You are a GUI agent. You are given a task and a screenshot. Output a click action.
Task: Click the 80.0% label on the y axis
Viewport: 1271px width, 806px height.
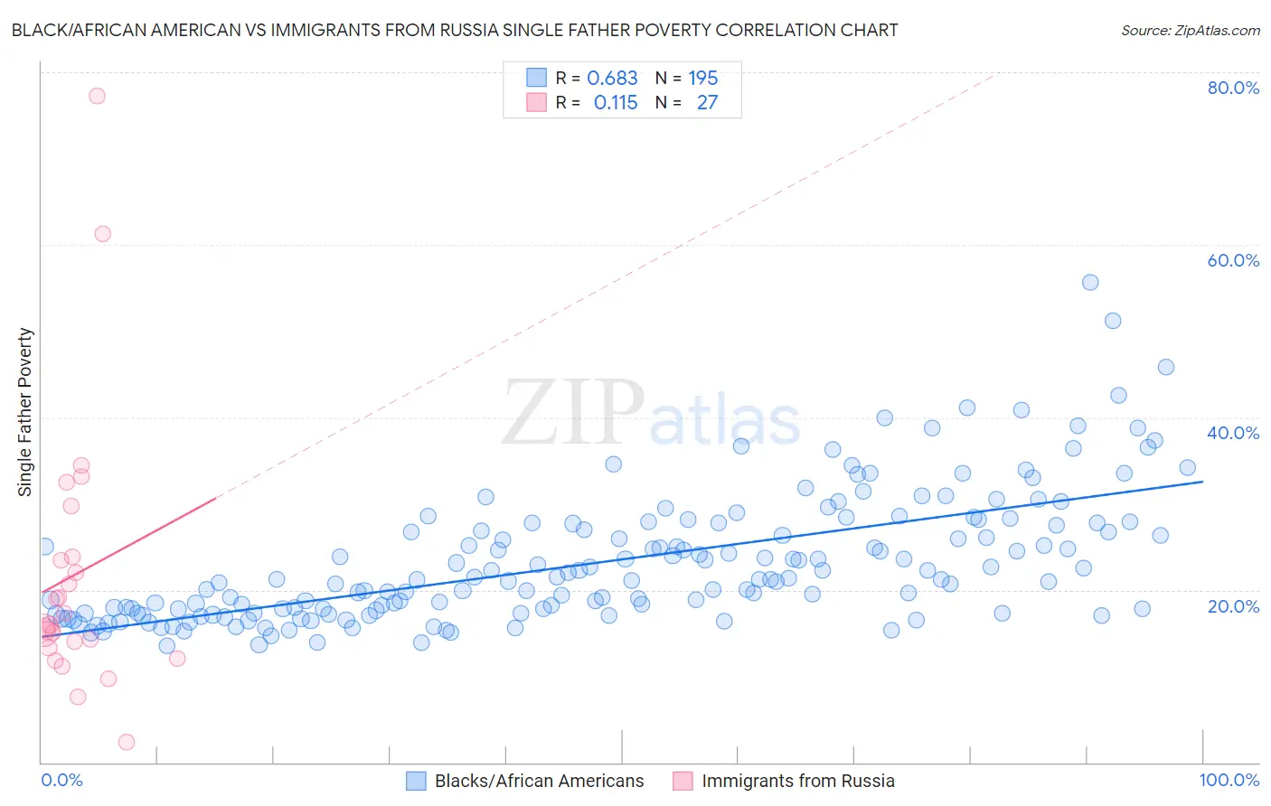tap(1233, 88)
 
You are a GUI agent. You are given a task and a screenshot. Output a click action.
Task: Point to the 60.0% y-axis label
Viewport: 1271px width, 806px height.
tap(1233, 260)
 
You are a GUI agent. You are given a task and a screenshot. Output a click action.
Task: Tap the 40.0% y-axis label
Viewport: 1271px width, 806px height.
tap(1233, 433)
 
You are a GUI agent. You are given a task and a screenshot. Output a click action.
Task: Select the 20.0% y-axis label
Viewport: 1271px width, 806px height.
tap(1233, 606)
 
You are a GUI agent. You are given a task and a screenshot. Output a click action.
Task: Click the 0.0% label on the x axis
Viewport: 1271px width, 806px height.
tap(61, 781)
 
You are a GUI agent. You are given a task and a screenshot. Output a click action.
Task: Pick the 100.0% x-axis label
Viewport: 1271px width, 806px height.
tap(1229, 781)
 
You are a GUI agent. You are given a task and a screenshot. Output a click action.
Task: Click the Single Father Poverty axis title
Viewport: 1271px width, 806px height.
tap(25, 411)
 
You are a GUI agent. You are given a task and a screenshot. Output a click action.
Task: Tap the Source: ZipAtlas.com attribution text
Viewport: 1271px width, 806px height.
tap(1190, 31)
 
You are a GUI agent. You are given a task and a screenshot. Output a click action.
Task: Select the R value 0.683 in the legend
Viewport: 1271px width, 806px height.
tap(612, 79)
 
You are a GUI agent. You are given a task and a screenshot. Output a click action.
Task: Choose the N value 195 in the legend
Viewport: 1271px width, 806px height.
tap(702, 79)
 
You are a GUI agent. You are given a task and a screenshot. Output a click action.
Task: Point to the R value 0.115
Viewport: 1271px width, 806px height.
tap(616, 103)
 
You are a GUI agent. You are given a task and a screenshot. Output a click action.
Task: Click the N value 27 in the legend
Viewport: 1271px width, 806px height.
tap(707, 103)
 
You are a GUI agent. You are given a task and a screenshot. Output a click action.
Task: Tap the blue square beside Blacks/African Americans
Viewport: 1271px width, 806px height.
tap(416, 781)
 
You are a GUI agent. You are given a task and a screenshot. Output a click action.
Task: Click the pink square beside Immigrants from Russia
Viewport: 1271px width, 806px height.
tap(683, 781)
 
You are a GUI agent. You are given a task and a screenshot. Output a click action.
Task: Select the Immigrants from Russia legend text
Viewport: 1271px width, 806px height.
tap(797, 781)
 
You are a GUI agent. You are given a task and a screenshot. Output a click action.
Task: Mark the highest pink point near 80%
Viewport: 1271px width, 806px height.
tap(97, 96)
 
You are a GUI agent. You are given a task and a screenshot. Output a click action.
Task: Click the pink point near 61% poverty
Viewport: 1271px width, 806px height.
tap(103, 234)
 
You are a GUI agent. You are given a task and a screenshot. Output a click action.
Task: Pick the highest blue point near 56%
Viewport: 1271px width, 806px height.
tap(1090, 283)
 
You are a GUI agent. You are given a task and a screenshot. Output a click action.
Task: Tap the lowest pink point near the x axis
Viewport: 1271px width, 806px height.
tap(127, 742)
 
